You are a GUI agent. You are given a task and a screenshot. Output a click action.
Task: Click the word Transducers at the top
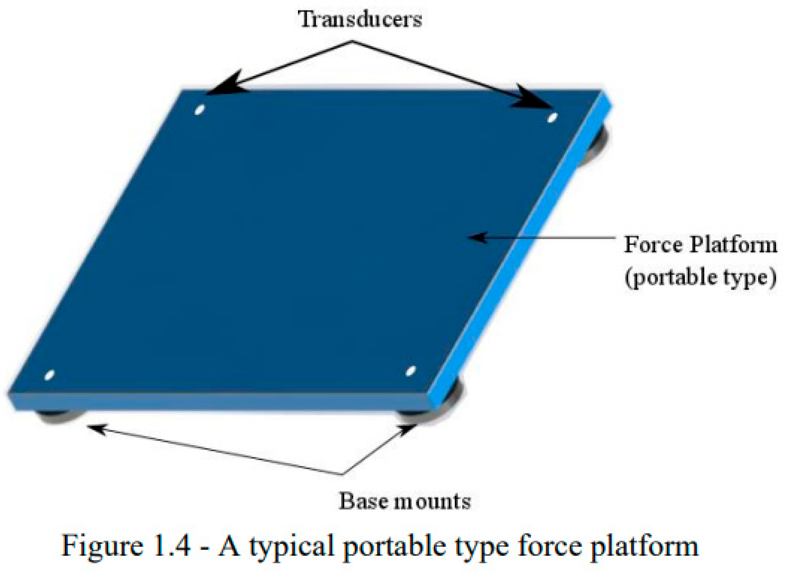pyautogui.click(x=360, y=19)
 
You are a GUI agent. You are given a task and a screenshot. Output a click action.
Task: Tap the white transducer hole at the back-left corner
pyautogui.click(x=199, y=109)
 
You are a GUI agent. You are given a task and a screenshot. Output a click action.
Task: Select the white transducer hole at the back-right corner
pyautogui.click(x=553, y=117)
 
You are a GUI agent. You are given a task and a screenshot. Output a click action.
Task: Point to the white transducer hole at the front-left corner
pyautogui.click(x=49, y=375)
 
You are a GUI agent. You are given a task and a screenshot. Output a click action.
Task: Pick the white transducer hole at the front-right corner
pyautogui.click(x=410, y=371)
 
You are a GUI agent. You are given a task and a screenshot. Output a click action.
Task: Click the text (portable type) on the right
pyautogui.click(x=700, y=277)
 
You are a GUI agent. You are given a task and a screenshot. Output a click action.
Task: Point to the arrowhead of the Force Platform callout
pyautogui.click(x=478, y=237)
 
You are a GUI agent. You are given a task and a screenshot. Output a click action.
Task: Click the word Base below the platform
pyautogui.click(x=363, y=501)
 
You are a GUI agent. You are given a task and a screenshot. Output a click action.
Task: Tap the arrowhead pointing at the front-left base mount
pyautogui.click(x=97, y=428)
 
